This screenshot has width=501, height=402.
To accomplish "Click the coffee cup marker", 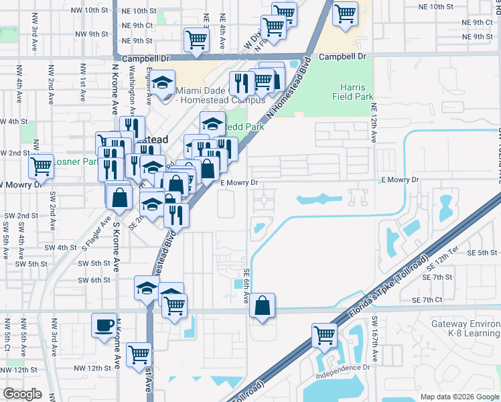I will [104, 326].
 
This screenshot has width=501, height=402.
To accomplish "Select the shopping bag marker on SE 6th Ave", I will [263, 306].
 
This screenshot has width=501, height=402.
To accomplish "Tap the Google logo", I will [22, 394].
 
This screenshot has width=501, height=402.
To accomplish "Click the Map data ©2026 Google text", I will [459, 396].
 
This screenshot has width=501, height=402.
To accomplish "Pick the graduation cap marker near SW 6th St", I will [147, 288].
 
